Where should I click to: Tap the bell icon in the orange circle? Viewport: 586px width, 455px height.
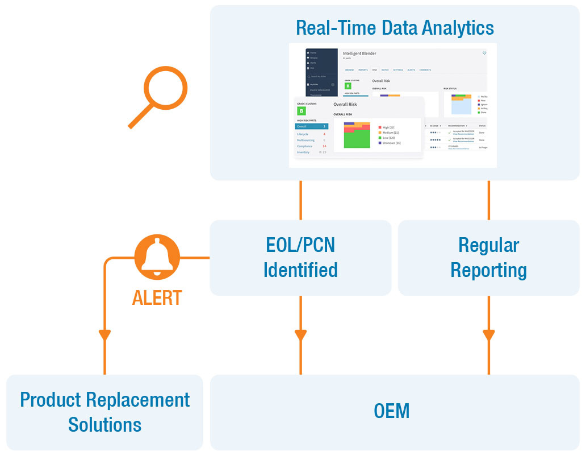[x=157, y=257]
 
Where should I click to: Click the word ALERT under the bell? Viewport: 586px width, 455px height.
[x=157, y=297]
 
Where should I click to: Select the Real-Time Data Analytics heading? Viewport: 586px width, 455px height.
[x=394, y=27]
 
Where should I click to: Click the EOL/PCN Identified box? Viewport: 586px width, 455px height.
[x=300, y=258]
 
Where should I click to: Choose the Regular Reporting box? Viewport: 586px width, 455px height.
[x=488, y=258]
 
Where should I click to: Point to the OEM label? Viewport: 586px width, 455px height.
[x=392, y=411]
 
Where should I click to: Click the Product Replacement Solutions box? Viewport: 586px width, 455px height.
[x=104, y=412]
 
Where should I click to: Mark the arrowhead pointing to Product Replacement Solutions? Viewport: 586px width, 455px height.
[x=104, y=335]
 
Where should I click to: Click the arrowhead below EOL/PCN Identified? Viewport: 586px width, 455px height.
[x=300, y=335]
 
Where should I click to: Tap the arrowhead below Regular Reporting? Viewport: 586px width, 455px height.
[x=488, y=335]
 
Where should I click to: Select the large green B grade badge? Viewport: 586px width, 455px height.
[x=302, y=111]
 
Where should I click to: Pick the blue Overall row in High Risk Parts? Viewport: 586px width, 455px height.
[x=311, y=126]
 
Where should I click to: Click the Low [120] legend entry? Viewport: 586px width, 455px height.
[x=389, y=138]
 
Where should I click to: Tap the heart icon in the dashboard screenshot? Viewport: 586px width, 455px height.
[x=484, y=53]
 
